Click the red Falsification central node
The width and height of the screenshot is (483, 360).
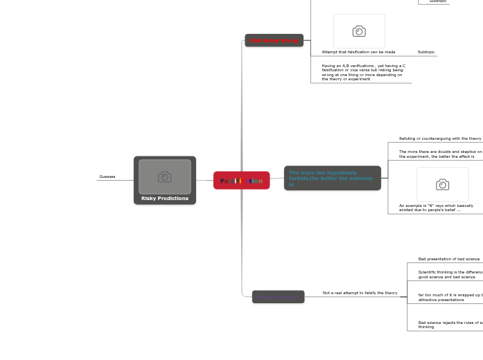coord(241,181)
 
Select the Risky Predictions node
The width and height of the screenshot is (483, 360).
coord(165,198)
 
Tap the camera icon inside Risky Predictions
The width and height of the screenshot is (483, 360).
coord(164,177)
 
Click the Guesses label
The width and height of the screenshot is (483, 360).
coord(107,177)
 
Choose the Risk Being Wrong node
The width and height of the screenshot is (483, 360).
coord(274,41)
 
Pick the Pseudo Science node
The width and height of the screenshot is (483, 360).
coord(278,297)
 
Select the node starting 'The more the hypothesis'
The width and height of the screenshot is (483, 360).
coord(332,178)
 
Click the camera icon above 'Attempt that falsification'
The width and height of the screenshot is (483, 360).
coord(359,31)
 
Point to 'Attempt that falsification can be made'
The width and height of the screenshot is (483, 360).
coord(358,52)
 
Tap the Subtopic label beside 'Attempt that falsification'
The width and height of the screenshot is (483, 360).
coord(426,52)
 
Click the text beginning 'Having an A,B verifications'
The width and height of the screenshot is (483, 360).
coord(363,72)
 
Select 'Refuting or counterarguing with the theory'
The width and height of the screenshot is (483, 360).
coord(440,138)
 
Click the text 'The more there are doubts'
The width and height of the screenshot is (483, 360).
coord(440,154)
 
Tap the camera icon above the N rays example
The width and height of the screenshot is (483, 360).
coord(442,184)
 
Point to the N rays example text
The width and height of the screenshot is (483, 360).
coord(436,207)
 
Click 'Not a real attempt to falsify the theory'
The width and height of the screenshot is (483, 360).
coord(360,293)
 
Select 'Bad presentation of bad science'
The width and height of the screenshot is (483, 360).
coord(448,259)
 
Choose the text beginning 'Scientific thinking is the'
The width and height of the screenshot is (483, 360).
coord(450,274)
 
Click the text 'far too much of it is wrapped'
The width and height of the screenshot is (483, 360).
coord(450,297)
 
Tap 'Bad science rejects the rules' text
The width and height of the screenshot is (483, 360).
coord(450,324)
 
